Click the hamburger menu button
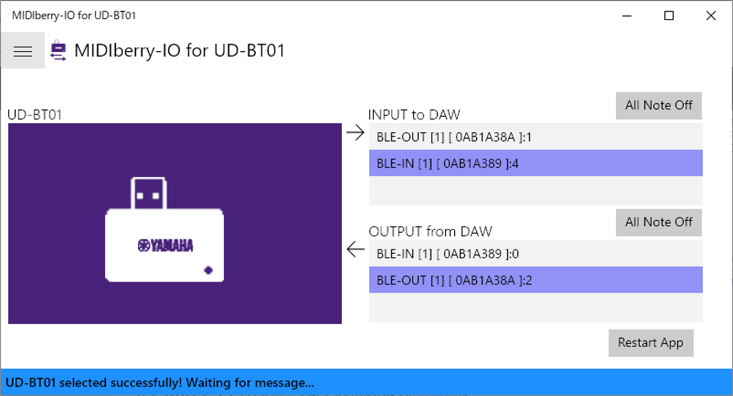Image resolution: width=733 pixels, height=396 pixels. click(23, 51)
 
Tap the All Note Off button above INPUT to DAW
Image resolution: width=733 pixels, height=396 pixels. click(659, 105)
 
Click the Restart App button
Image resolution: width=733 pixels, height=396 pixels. click(651, 343)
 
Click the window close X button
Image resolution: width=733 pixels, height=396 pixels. click(710, 16)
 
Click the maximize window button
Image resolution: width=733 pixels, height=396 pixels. click(669, 16)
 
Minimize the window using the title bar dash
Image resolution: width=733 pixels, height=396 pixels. click(627, 16)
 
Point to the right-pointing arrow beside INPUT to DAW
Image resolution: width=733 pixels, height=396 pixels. click(355, 133)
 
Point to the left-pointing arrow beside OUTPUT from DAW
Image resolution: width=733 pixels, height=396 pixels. click(355, 250)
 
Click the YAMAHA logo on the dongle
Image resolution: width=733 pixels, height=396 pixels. click(166, 245)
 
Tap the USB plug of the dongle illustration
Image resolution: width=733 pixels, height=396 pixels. click(148, 194)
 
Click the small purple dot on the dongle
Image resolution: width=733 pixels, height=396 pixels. click(209, 270)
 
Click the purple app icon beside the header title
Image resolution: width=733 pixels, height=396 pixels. click(58, 51)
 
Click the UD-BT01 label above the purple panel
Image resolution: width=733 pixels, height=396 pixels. click(35, 115)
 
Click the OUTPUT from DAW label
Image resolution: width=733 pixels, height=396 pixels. click(430, 231)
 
